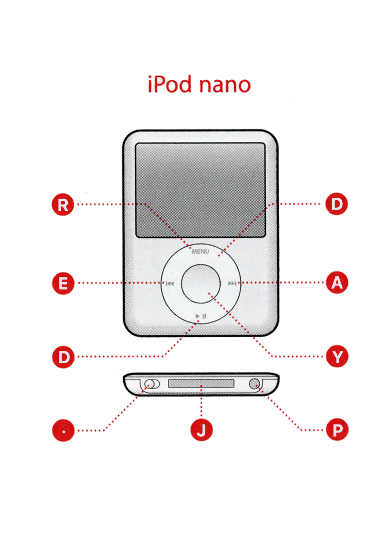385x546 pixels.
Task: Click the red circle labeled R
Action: tap(63, 204)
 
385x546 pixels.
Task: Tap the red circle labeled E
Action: tap(63, 283)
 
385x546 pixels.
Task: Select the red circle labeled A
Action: tap(337, 282)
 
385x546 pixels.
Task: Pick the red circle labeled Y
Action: tap(337, 356)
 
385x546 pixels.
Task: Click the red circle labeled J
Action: tap(201, 430)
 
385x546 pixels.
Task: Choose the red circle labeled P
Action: tap(337, 429)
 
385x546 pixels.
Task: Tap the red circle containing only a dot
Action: tap(63, 431)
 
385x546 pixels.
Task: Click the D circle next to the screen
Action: tap(337, 204)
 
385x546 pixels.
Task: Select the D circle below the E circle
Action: tap(63, 357)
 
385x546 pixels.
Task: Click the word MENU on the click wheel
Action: tap(200, 251)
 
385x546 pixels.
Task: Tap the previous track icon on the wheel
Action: tap(170, 284)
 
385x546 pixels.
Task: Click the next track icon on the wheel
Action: tap(232, 283)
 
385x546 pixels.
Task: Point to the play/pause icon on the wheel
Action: tap(201, 316)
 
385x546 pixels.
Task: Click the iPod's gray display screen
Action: tap(200, 190)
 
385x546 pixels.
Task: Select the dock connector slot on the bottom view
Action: tap(201, 384)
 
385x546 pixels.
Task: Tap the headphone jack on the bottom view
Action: tap(254, 384)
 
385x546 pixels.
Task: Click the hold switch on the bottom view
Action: tap(152, 384)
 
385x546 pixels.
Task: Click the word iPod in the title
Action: tap(170, 84)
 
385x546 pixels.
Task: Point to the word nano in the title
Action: tap(225, 85)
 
